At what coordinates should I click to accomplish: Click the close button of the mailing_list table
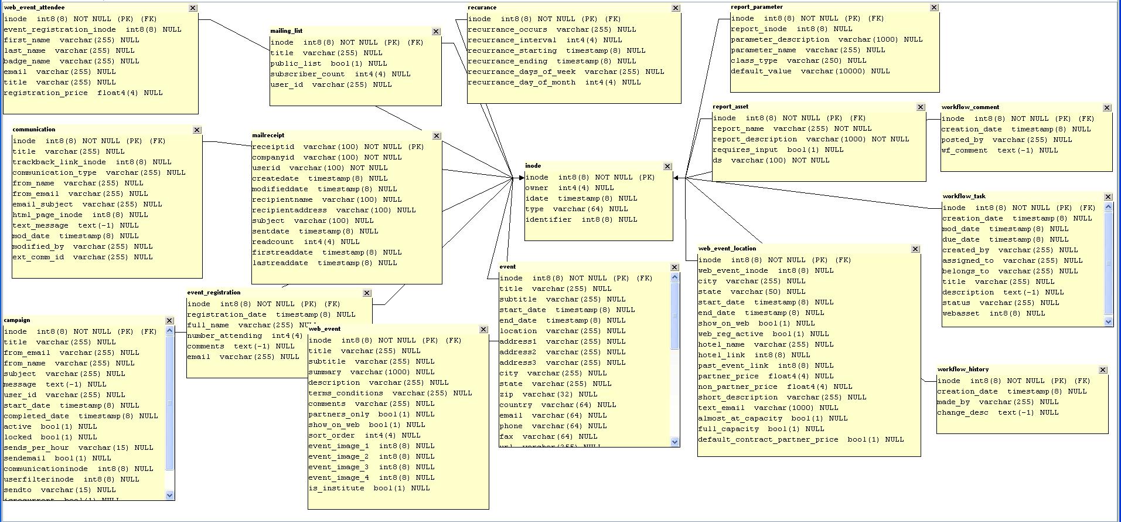point(436,32)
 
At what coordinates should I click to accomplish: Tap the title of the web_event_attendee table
point(34,8)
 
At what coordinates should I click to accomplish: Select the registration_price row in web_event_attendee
point(83,93)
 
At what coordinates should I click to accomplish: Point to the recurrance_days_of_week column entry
point(565,72)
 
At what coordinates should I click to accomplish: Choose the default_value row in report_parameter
point(810,71)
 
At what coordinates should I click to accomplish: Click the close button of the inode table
point(667,167)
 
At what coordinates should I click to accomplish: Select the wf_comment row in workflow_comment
point(999,150)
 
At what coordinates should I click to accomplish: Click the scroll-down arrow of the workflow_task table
point(1108,321)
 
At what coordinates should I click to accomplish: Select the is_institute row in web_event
point(369,488)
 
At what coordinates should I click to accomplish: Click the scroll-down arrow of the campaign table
point(170,495)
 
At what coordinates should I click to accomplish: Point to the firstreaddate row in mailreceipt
point(326,252)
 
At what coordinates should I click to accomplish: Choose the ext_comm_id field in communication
point(82,257)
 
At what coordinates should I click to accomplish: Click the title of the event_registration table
point(213,293)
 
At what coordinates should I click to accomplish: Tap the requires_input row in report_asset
point(778,150)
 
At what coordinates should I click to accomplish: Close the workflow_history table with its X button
point(1103,370)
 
